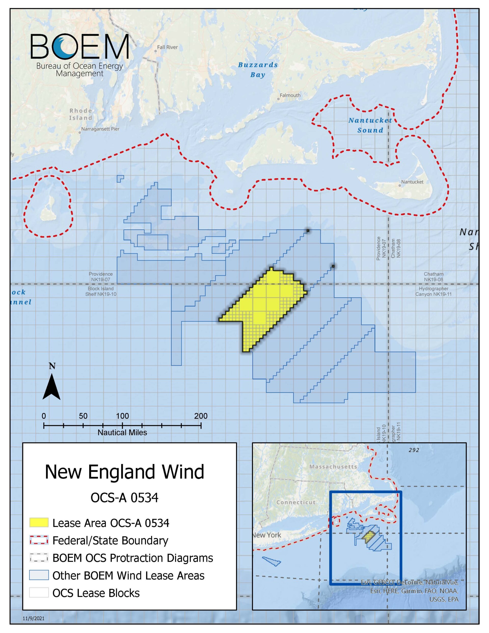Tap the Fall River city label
point(167,47)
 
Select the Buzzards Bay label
point(258,70)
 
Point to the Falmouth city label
point(290,95)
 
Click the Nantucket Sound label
point(370,125)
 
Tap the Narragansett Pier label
point(100,129)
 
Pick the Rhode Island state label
point(80,114)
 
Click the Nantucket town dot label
point(412,182)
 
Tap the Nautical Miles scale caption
point(122,433)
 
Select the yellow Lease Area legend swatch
point(39,523)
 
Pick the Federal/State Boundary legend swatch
point(39,541)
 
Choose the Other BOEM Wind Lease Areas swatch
point(39,575)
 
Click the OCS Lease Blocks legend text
point(96,593)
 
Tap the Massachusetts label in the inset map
point(333,467)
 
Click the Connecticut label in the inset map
point(296,502)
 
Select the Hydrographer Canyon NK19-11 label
point(433,291)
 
